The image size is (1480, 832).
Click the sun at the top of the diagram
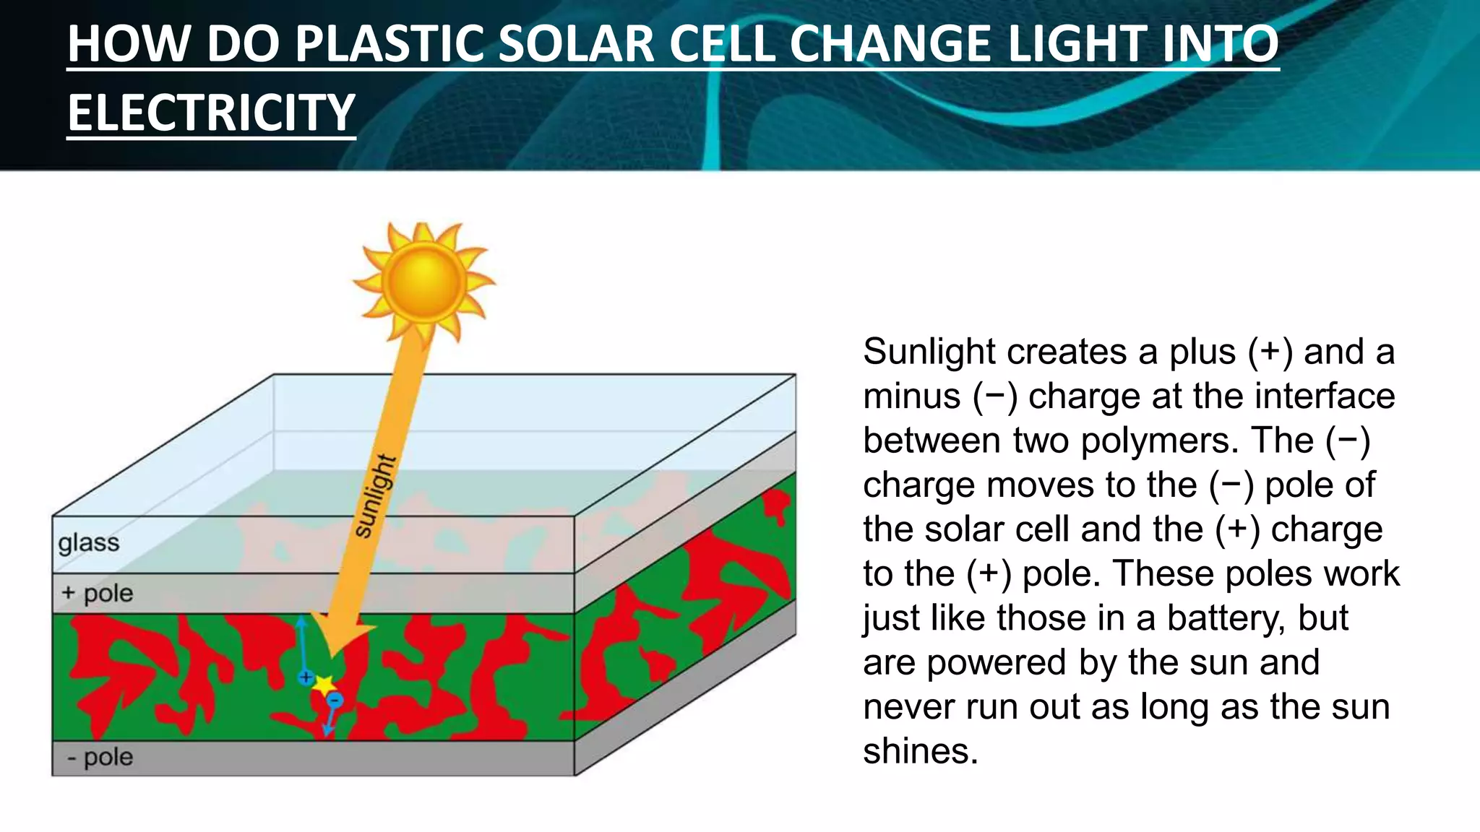423,282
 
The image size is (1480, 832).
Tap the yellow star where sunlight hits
323,685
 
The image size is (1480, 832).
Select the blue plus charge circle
306,677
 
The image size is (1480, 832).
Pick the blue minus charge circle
335,700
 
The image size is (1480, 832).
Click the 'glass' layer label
89,542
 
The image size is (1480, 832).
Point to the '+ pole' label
98,594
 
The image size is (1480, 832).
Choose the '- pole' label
100,758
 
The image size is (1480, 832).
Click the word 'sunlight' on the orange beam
376,496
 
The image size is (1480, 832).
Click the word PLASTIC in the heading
390,44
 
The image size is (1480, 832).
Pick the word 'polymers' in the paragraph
1160,441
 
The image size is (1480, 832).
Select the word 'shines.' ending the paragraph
920,751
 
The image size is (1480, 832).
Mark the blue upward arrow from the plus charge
302,643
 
